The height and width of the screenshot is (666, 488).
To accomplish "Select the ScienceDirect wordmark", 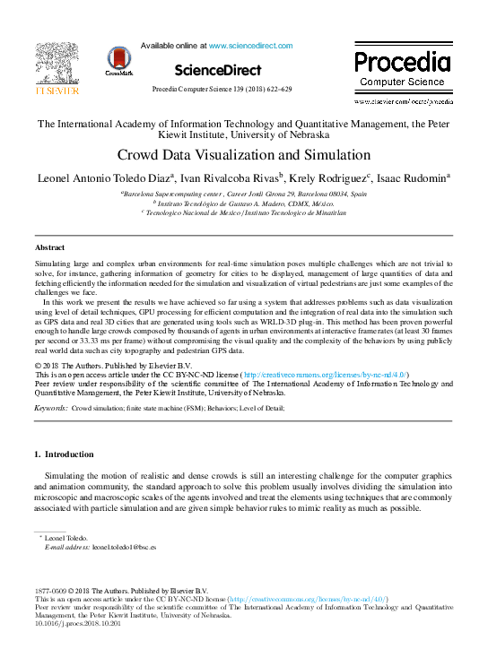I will click(x=218, y=70).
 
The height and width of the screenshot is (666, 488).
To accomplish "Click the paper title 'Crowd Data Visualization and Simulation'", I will click(x=244, y=154).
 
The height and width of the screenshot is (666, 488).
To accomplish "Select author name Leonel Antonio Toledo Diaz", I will click(x=99, y=177).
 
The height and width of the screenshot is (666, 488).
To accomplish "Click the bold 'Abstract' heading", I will click(x=49, y=247).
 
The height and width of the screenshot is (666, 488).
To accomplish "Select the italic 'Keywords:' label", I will click(x=51, y=408).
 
